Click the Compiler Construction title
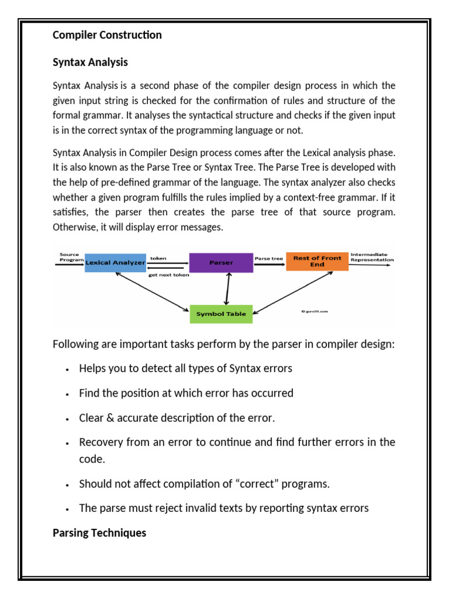click(x=107, y=35)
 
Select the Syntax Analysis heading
click(x=90, y=62)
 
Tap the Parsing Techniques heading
click(x=99, y=533)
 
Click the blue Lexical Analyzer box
click(x=115, y=263)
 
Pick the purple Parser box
click(x=221, y=263)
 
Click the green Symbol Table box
click(x=221, y=314)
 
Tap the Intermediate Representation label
click(x=372, y=257)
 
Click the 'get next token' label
click(x=168, y=275)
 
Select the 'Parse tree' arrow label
click(x=269, y=258)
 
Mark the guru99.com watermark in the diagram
click(x=315, y=312)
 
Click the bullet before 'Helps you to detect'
click(x=68, y=370)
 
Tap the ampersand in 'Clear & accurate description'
click(x=108, y=418)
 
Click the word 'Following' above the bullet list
click(x=75, y=344)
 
